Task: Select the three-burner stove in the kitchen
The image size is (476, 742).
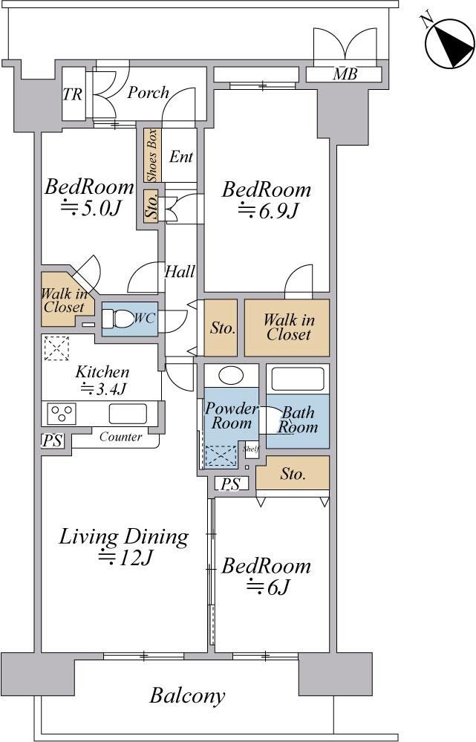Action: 62,413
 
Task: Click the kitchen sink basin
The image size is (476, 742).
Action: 128,414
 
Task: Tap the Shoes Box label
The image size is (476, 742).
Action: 152,155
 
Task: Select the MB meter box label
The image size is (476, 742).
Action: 345,74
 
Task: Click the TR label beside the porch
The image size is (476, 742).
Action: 72,94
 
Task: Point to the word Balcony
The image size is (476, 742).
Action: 187,696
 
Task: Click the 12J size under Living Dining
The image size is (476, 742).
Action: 125,559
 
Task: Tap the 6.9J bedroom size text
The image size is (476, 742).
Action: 267,210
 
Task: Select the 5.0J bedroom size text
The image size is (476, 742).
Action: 90,207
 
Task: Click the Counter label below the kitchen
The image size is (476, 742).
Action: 120,437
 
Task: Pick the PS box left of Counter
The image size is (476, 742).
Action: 52,441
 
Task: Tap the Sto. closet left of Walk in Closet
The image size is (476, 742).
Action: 221,328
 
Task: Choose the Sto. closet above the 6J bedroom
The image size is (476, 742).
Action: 293,473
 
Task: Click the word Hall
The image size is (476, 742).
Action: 180,272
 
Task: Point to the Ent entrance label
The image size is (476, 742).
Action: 181,156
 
